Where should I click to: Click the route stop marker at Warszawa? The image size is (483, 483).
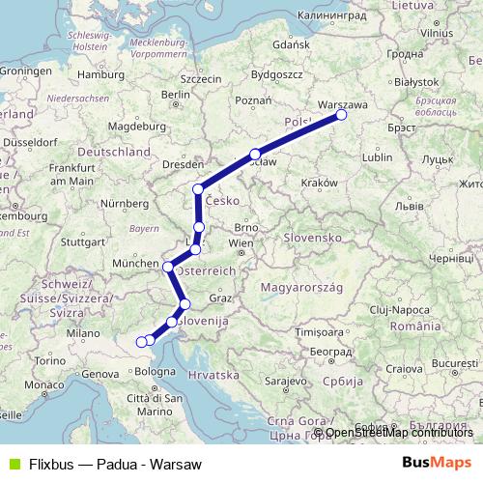[x=341, y=116]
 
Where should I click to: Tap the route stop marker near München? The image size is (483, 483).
[x=167, y=267]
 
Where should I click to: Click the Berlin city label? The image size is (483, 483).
[x=176, y=95]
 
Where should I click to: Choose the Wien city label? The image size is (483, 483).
[x=241, y=243]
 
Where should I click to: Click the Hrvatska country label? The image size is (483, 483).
[x=215, y=374]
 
